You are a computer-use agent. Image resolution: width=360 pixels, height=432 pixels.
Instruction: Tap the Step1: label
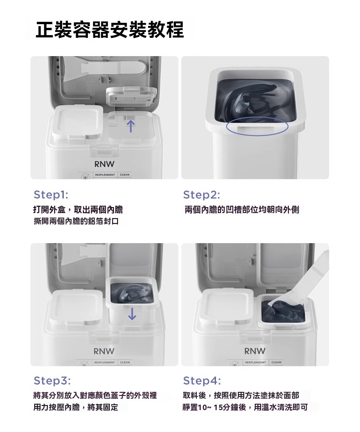[51, 195]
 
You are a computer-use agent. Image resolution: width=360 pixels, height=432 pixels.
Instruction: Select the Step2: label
[201, 195]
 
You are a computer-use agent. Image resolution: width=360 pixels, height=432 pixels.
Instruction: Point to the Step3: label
[52, 380]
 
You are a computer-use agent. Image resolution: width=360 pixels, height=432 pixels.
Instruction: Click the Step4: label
[202, 380]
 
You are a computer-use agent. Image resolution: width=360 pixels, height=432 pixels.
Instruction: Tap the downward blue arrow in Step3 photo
[132, 313]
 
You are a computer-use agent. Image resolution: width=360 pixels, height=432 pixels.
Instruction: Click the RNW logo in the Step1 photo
[104, 163]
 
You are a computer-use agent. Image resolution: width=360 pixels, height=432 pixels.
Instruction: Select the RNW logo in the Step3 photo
[104, 351]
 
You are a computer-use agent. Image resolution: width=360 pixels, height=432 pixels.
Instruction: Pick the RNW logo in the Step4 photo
[255, 351]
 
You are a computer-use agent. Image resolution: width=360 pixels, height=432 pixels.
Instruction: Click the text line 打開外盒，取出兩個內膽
[78, 210]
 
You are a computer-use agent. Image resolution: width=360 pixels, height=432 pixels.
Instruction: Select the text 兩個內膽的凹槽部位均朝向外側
[242, 210]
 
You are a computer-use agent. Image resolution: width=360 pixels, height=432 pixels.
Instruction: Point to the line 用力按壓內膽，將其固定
[76, 407]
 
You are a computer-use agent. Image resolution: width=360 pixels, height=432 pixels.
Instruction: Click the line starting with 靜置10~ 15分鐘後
[245, 407]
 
